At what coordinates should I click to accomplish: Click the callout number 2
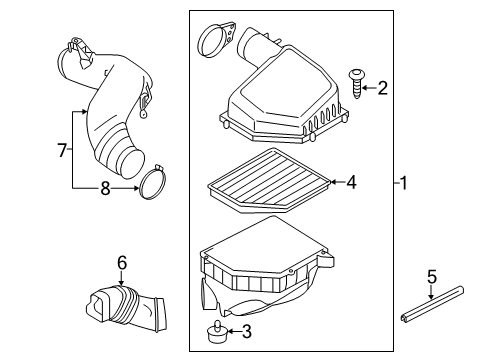tap(382, 88)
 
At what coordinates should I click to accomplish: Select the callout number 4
tap(351, 182)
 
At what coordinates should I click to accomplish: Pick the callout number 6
tap(122, 262)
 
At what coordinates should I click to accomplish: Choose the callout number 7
tap(62, 150)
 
